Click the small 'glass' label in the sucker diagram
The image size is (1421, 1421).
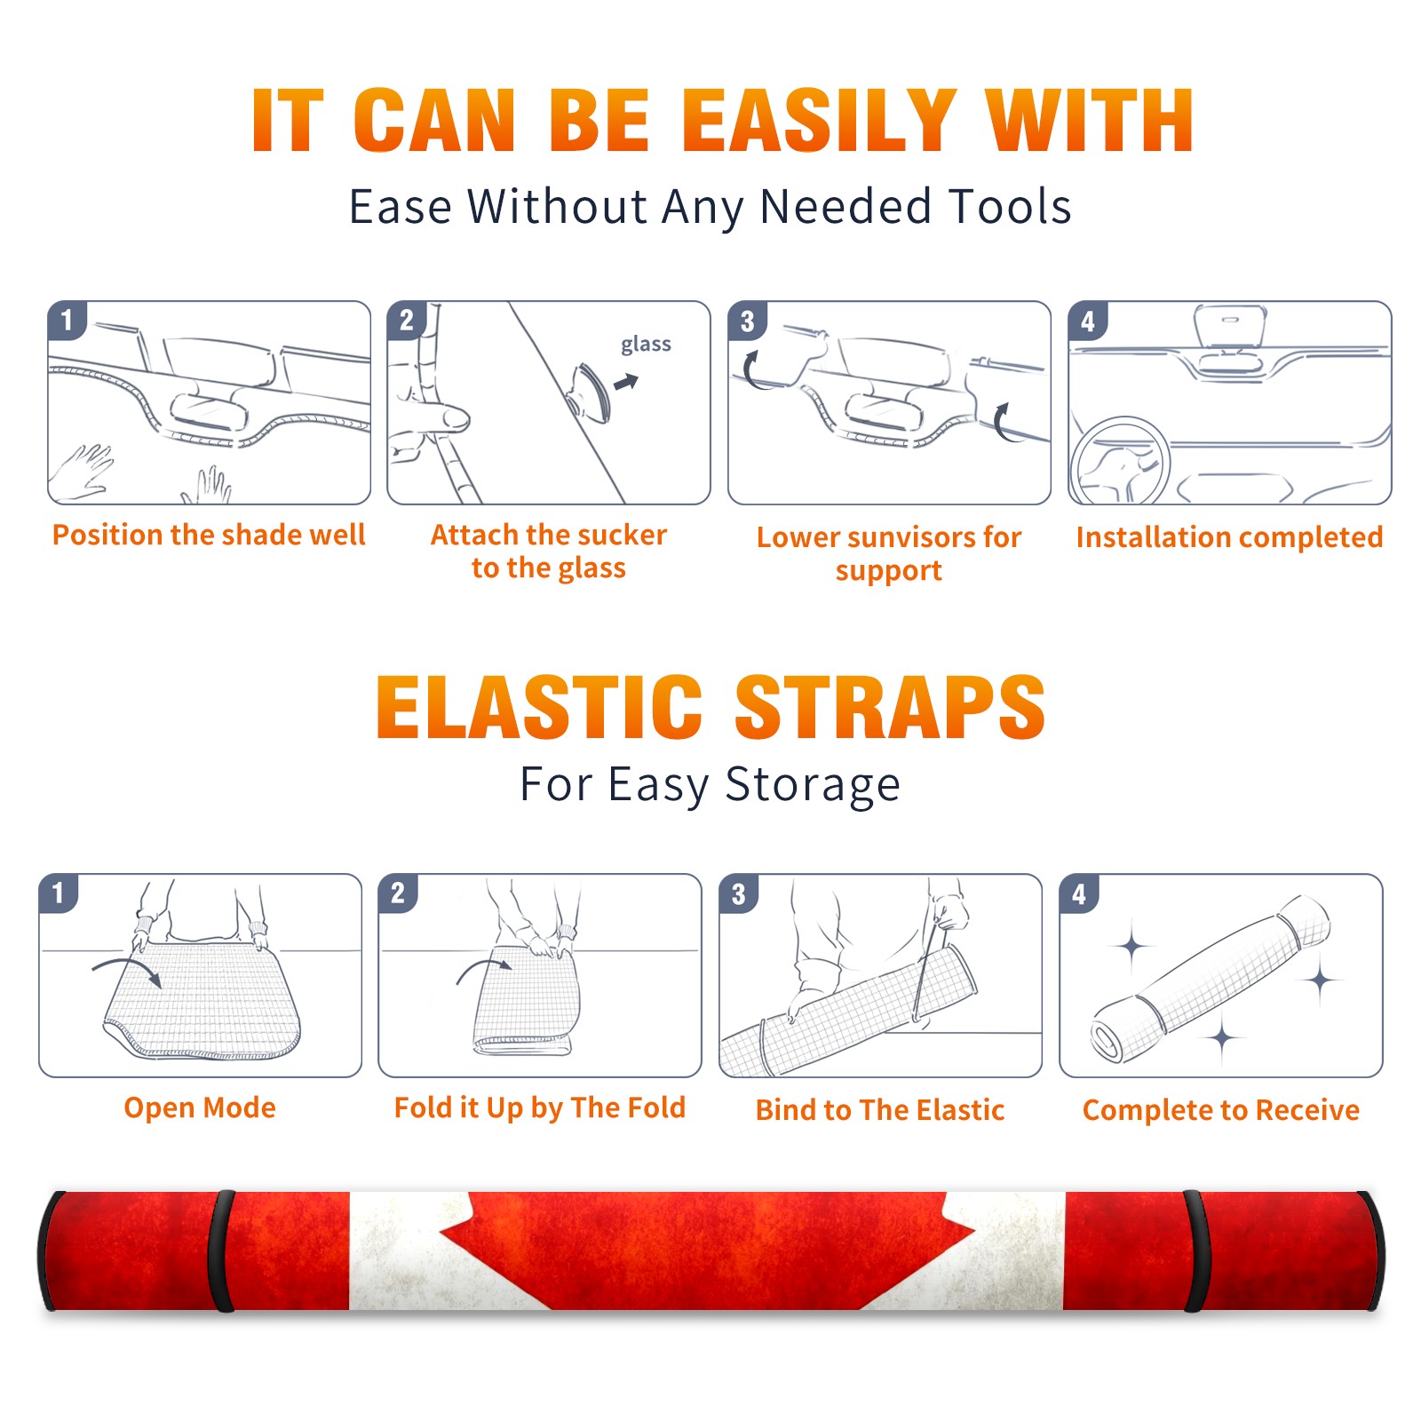click(646, 345)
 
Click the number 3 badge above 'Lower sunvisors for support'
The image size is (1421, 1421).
click(747, 322)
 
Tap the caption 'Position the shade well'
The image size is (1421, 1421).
click(209, 536)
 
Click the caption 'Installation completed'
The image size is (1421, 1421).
click(1229, 537)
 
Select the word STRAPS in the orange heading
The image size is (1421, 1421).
click(891, 707)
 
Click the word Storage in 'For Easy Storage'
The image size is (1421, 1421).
click(813, 785)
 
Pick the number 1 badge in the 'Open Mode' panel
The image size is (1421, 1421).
click(59, 893)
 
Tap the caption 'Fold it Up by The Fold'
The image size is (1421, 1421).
click(540, 1108)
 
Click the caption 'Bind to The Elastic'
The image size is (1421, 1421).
click(880, 1110)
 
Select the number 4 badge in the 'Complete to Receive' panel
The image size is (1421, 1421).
click(1079, 893)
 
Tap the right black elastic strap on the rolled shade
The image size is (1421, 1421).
click(1195, 1250)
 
